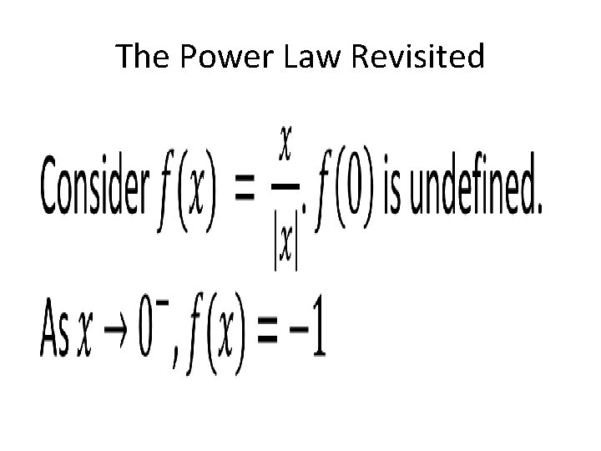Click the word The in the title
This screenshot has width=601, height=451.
141,57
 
